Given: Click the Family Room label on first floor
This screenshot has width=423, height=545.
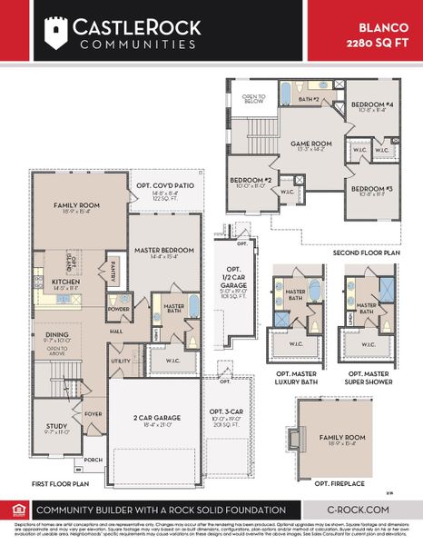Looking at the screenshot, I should (x=76, y=206).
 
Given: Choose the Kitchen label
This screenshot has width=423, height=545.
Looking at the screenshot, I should (x=66, y=282).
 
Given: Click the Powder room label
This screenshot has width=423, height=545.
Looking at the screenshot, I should (x=118, y=308).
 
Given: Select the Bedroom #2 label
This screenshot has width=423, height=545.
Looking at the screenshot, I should (x=250, y=180).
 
